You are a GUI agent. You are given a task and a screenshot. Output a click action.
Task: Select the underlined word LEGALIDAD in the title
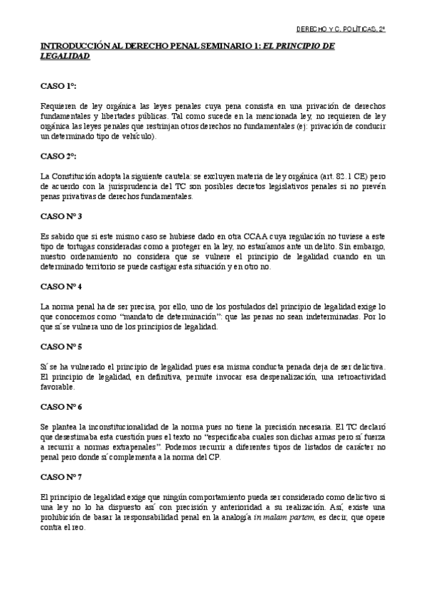[x=65, y=55]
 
